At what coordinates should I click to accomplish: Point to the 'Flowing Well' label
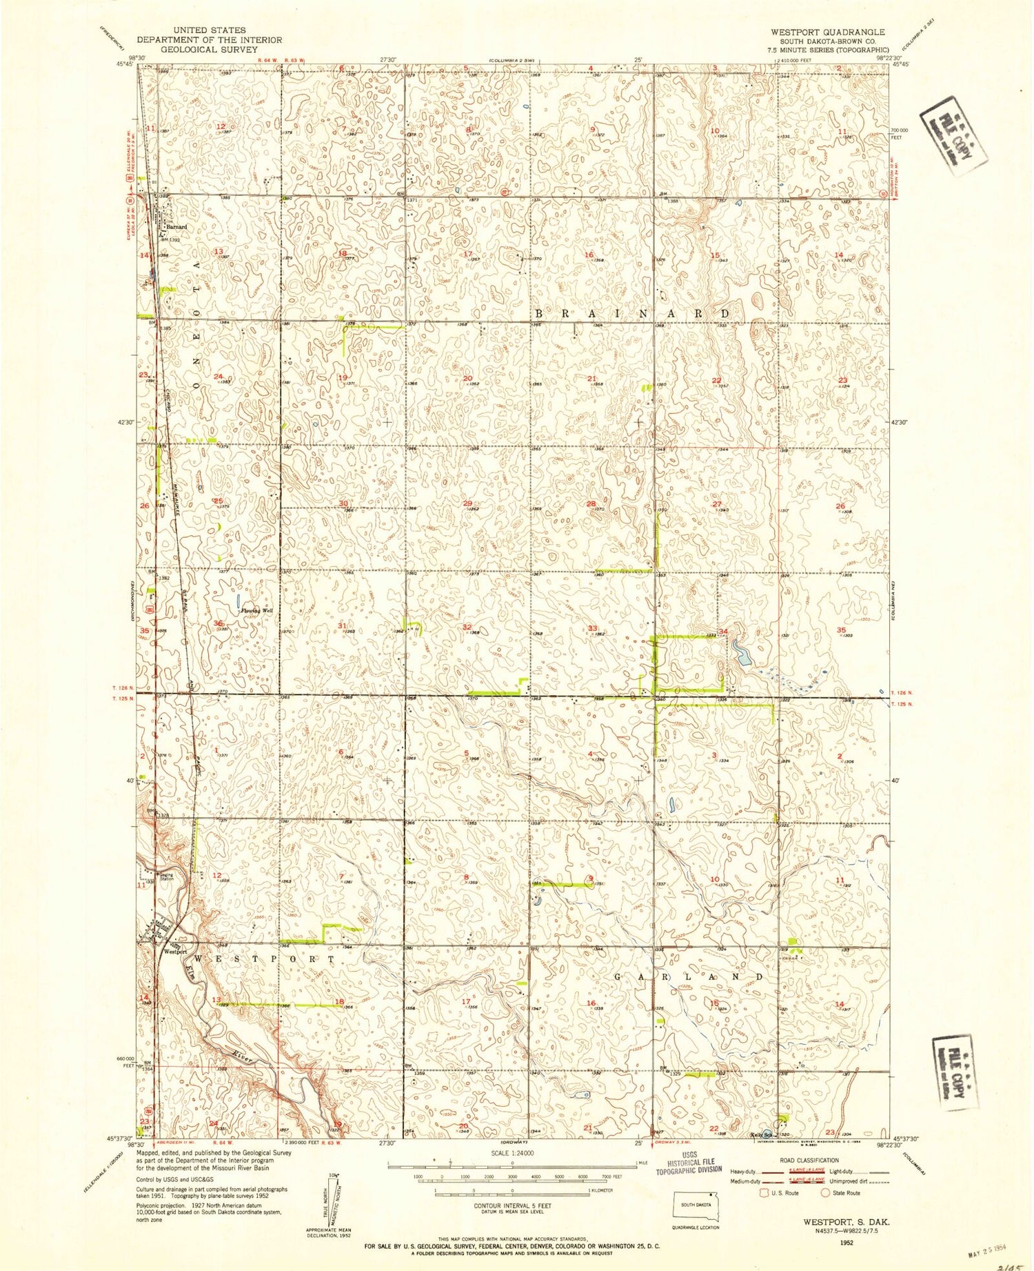click(x=254, y=611)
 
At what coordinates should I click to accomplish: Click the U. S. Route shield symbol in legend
click(x=764, y=1192)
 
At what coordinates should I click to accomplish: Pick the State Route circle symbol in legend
click(x=826, y=1192)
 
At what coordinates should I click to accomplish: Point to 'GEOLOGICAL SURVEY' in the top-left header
click(x=209, y=49)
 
